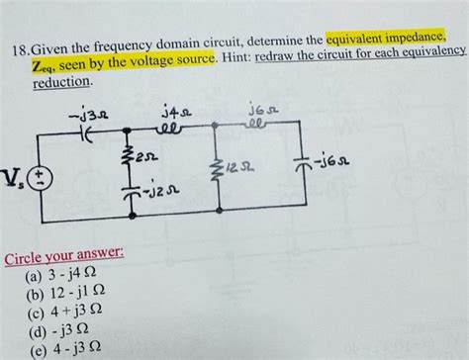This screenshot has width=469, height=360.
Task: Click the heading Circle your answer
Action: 63,256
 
